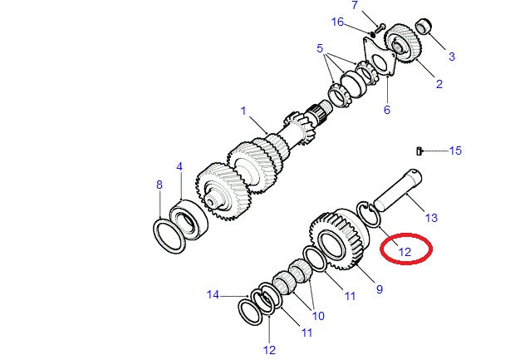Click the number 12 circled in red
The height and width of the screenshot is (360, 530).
tap(405, 252)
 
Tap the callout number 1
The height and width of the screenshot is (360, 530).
tap(243, 111)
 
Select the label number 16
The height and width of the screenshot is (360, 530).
tap(337, 22)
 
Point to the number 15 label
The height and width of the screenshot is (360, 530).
tap(455, 150)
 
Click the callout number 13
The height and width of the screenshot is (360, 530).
tap(431, 218)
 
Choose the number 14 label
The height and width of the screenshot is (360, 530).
tap(213, 294)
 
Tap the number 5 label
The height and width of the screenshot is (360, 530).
tap(320, 48)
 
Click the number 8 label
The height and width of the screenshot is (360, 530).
tap(159, 185)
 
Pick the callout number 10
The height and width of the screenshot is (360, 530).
tap(318, 316)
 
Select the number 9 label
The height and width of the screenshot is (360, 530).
tap(380, 289)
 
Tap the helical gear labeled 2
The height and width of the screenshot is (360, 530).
tap(403, 43)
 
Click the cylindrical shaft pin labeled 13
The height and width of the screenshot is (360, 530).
tap(397, 190)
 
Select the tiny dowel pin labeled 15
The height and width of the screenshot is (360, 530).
tap(419, 151)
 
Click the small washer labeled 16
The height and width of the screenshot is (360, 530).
tap(372, 34)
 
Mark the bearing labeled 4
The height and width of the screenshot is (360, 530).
tap(189, 219)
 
